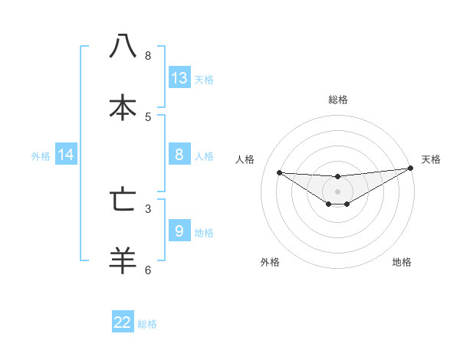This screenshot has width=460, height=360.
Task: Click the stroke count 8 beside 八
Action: pyautogui.click(x=148, y=55)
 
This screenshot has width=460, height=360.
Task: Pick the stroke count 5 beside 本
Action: pyautogui.click(x=148, y=116)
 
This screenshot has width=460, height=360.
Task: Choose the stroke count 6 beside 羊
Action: pyautogui.click(x=148, y=270)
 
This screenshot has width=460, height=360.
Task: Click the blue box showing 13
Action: pyautogui.click(x=179, y=78)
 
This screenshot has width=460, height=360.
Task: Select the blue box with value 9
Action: pyautogui.click(x=179, y=231)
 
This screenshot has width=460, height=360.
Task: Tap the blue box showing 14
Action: pyautogui.click(x=66, y=155)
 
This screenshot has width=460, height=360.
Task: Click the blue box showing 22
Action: pyautogui.click(x=123, y=322)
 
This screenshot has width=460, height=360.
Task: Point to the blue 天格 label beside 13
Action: pyautogui.click(x=204, y=79)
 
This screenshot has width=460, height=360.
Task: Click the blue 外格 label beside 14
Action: pyautogui.click(x=41, y=155)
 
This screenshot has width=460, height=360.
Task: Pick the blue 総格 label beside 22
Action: pyautogui.click(x=147, y=324)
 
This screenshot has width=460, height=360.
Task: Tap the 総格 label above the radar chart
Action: pyautogui.click(x=338, y=100)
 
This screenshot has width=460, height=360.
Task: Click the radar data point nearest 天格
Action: pyautogui.click(x=410, y=169)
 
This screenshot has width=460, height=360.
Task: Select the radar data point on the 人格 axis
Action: pyautogui.click(x=279, y=172)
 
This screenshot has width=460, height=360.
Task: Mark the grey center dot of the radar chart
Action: pyautogui.click(x=337, y=191)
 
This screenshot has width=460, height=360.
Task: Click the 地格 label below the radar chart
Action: pyautogui.click(x=402, y=263)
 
